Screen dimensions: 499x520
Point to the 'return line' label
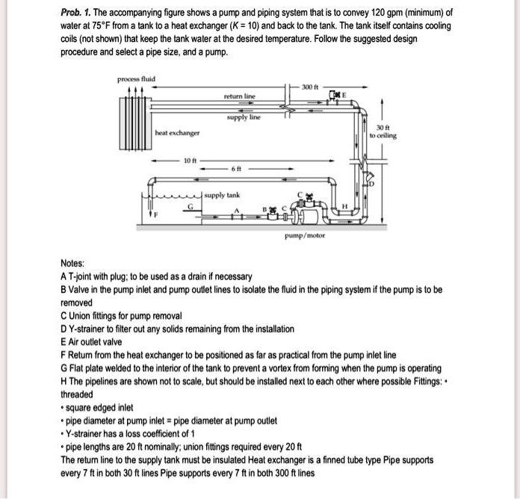pyautogui.click(x=239, y=96)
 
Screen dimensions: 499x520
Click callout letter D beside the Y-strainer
pyautogui.click(x=369, y=184)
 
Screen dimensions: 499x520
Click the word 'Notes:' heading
pyautogui.click(x=72, y=264)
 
